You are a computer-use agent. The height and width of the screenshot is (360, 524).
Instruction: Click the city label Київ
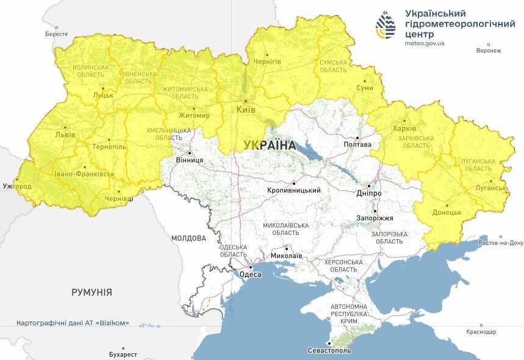click(x=246, y=110)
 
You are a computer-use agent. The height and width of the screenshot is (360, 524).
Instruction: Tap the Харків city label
click(x=404, y=129)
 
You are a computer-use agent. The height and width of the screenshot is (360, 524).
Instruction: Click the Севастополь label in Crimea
click(x=329, y=351)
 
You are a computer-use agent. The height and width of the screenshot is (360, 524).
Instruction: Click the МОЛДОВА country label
click(x=188, y=238)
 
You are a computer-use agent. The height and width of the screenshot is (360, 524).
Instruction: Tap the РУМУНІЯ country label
click(x=92, y=292)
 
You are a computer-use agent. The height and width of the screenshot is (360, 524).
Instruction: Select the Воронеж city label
click(x=489, y=51)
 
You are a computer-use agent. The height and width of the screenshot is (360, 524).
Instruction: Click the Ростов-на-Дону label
click(x=500, y=243)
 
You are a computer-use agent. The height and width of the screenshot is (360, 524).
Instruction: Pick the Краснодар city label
click(x=481, y=331)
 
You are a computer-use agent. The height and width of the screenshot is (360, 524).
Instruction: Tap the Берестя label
click(x=56, y=34)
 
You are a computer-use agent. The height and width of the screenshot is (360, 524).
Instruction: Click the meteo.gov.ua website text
click(x=425, y=43)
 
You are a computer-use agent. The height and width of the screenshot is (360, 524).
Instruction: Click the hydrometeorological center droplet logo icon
click(x=386, y=24)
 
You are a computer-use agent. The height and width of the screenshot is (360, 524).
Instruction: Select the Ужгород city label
click(x=16, y=185)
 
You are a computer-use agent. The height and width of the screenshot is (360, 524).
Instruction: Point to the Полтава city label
click(x=357, y=145)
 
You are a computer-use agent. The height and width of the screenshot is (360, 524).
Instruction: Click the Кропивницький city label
click(x=294, y=190)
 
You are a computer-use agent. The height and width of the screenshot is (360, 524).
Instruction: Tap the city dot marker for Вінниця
click(x=190, y=153)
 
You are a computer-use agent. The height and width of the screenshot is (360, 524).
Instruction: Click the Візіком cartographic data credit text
click(x=73, y=322)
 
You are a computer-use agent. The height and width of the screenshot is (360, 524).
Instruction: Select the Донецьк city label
click(x=447, y=212)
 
